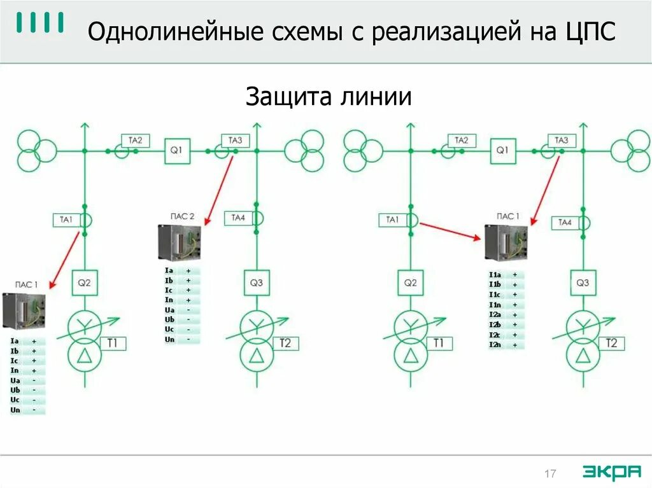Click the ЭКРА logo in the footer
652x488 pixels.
pos(611,471)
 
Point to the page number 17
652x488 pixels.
pos(550,473)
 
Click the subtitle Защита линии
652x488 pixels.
pos(329,97)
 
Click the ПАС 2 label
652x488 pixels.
pos(183,216)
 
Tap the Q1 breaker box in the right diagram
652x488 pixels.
pos(502,151)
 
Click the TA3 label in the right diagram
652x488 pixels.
pos(562,141)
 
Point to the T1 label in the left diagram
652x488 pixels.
pos(112,344)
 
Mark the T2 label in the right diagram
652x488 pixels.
pos(611,344)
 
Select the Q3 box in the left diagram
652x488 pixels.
pos(257,282)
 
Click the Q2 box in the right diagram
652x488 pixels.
pos(411,282)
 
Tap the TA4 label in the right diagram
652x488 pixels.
pos(565,222)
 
